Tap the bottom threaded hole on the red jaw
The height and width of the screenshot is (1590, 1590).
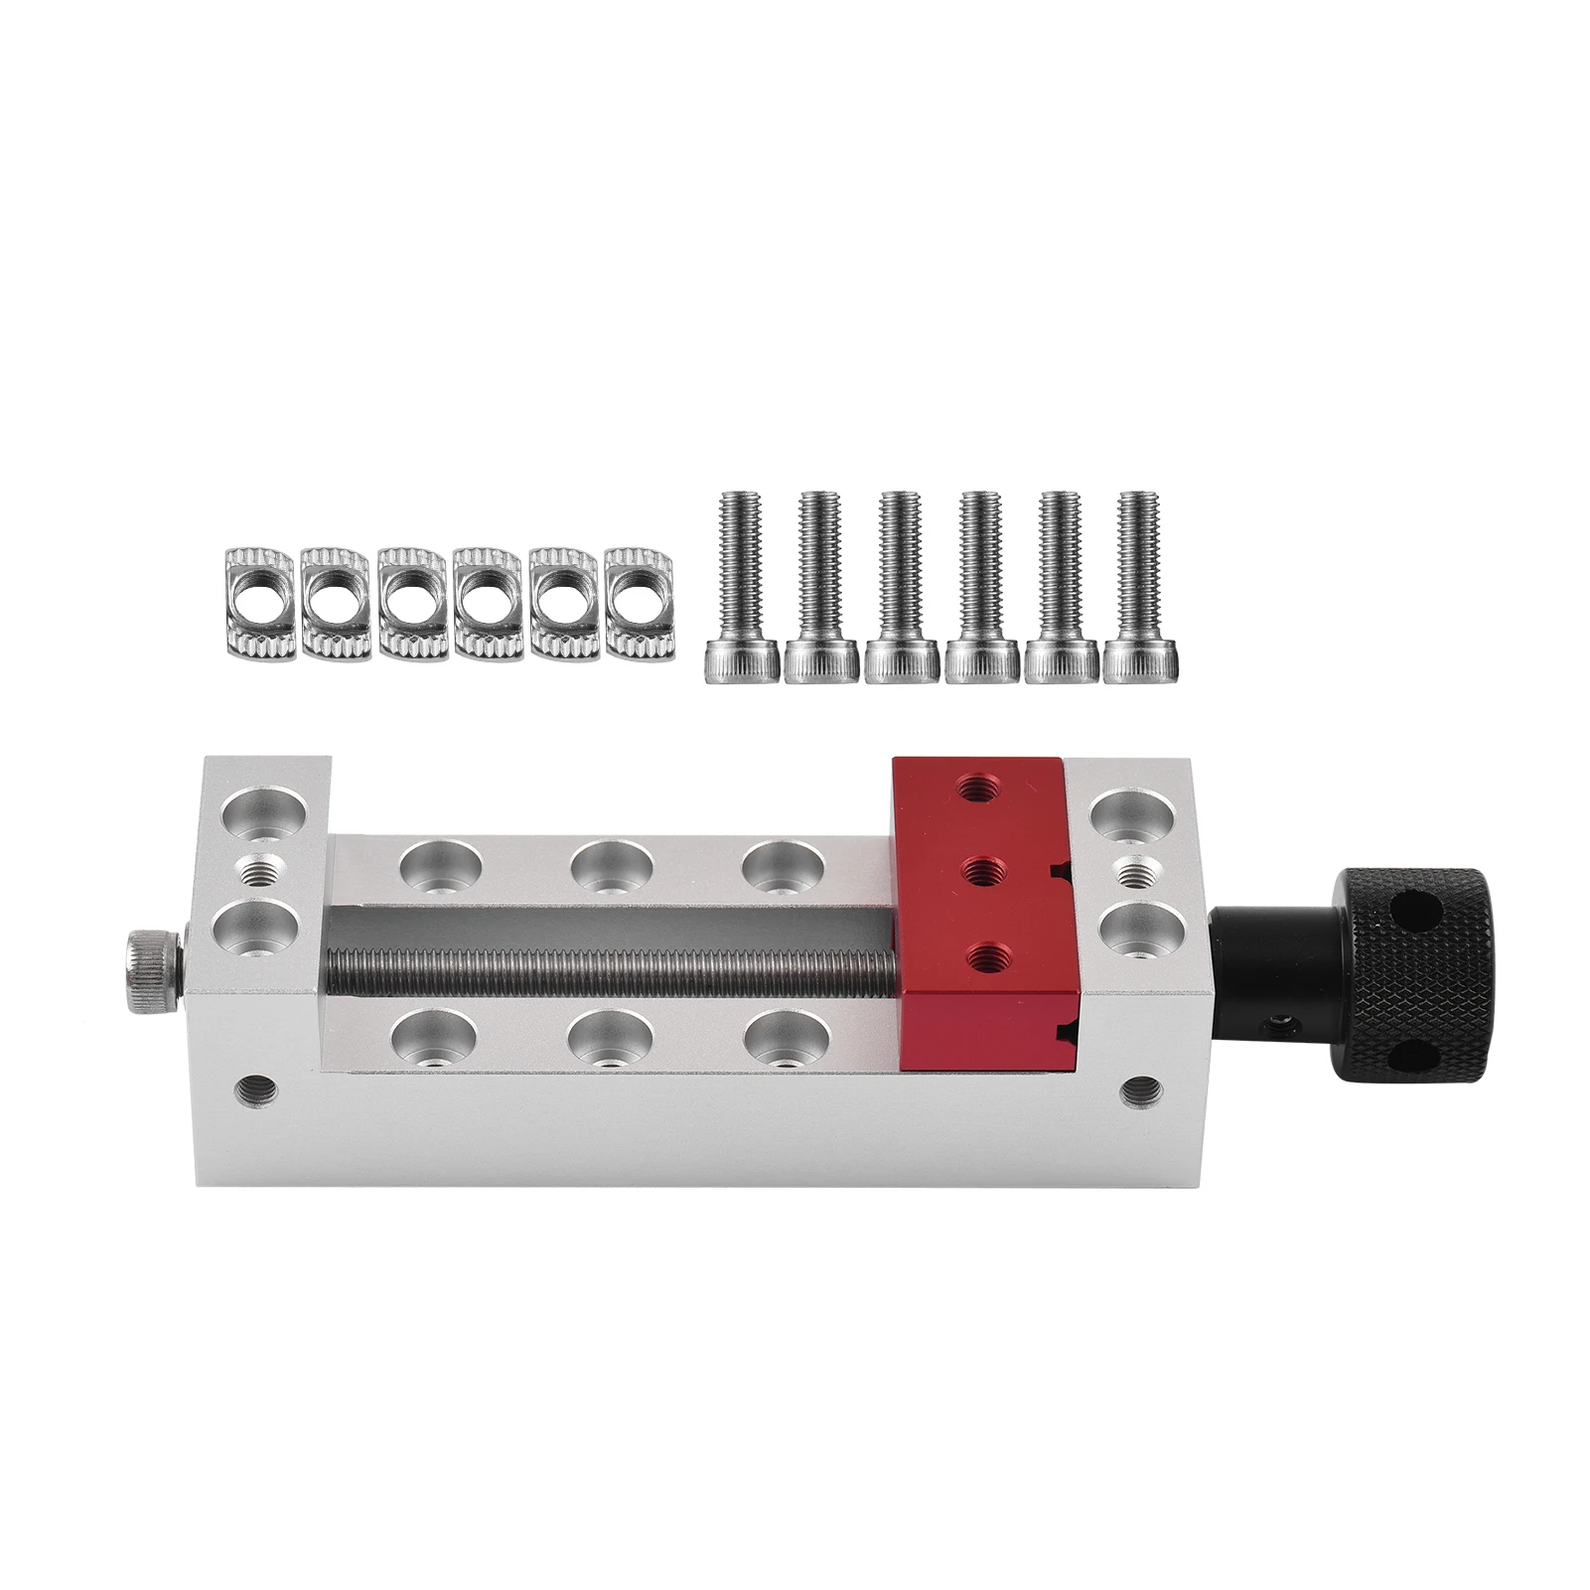(x=985, y=958)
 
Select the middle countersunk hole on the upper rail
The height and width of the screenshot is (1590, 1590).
(x=612, y=863)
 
